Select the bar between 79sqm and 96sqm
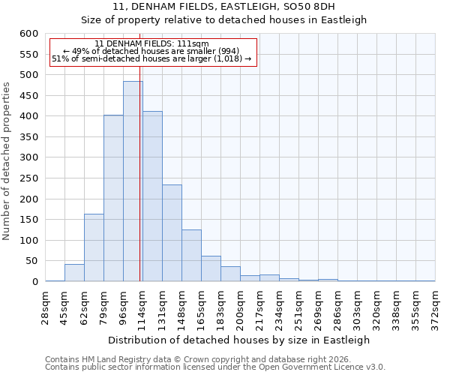point(113,199)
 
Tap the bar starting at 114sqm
point(152,196)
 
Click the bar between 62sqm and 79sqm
point(94,247)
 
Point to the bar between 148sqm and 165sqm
point(191,256)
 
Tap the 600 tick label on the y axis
point(28,34)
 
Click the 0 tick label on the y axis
point(34,282)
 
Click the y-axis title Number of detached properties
point(7,161)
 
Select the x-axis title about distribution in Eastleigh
point(241,340)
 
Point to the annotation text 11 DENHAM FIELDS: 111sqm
point(152,44)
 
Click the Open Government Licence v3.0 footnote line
point(215,367)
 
